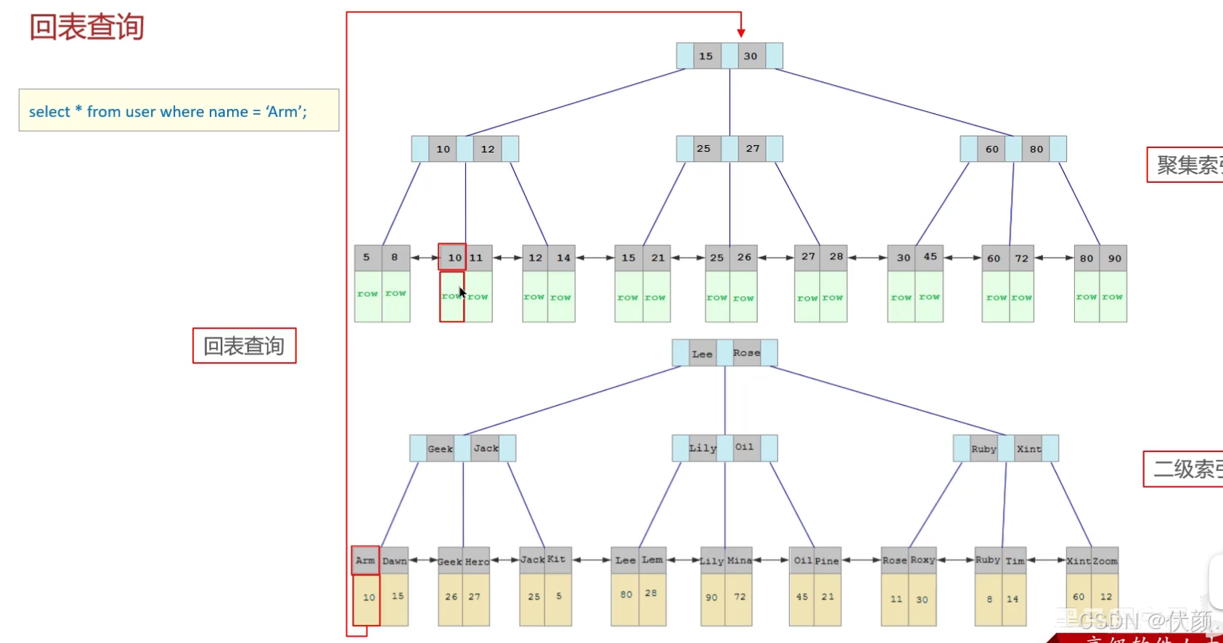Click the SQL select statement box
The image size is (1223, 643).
click(x=179, y=110)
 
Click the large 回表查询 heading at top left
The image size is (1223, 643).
click(x=86, y=28)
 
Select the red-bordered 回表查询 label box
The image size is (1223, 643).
click(x=244, y=345)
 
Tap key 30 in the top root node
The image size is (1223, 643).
click(x=750, y=56)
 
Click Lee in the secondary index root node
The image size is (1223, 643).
click(x=702, y=353)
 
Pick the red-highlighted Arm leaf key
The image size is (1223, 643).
click(x=365, y=560)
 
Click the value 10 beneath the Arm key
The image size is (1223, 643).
click(x=369, y=597)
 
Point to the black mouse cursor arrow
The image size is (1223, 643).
click(x=462, y=292)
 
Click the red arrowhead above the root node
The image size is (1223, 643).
click(x=741, y=33)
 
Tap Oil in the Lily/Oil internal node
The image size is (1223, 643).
click(x=744, y=447)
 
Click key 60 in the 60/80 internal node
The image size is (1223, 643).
click(x=991, y=149)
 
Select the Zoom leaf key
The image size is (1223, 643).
click(x=1105, y=561)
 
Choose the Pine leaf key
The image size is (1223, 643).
click(x=827, y=561)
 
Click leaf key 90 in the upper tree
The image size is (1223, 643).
click(x=1114, y=258)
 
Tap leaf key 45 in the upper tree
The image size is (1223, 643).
click(x=930, y=257)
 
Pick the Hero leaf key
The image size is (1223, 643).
click(x=477, y=562)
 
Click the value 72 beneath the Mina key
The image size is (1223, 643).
click(x=740, y=597)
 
